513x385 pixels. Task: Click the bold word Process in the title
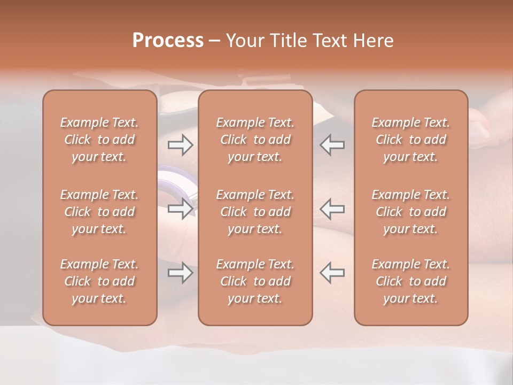[x=168, y=41]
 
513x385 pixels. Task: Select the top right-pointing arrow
[x=180, y=144]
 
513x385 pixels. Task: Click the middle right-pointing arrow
[x=180, y=209]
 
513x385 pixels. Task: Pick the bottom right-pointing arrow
[x=180, y=273]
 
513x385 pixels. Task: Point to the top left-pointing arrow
[x=332, y=144]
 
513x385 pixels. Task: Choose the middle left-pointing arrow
[x=332, y=209]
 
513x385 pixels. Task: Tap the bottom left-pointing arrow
[x=332, y=273]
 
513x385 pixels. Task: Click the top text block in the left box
[x=99, y=140]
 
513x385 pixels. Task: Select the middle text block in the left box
[x=99, y=212]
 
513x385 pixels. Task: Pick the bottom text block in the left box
[x=99, y=281]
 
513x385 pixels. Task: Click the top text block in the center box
[x=255, y=140]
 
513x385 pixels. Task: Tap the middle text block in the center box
[x=255, y=212]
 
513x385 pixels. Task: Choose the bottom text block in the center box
[x=255, y=281]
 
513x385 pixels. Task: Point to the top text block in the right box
[x=411, y=140]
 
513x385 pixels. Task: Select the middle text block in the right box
[x=411, y=212]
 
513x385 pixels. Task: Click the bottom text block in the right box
[x=411, y=281]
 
